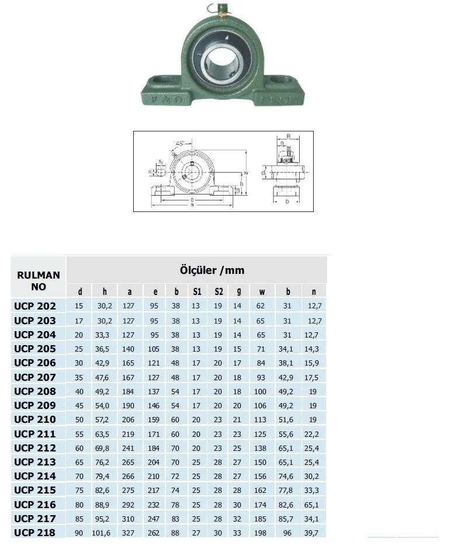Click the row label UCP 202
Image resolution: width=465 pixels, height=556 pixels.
click(35, 306)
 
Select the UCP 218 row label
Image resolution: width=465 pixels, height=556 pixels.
click(35, 533)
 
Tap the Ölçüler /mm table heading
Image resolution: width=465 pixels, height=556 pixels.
click(211, 270)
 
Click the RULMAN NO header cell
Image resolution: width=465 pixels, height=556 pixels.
click(39, 281)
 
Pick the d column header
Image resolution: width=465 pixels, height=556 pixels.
click(80, 291)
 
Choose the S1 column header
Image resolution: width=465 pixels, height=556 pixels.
click(197, 291)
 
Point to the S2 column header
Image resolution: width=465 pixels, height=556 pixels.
click(218, 291)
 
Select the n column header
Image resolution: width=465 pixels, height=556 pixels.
click(314, 291)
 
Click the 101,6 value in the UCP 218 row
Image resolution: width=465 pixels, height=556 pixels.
click(104, 533)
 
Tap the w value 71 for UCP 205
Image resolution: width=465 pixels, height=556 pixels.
click(261, 349)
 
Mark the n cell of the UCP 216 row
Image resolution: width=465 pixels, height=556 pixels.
click(314, 505)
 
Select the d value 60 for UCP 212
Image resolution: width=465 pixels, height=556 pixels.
click(80, 448)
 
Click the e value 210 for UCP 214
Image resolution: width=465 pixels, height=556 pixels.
click(155, 477)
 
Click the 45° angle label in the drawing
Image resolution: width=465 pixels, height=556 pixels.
click(179, 143)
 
